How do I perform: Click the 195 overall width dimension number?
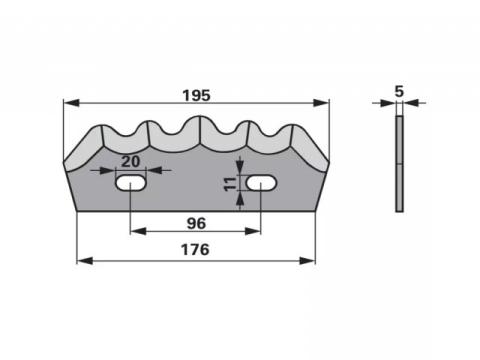click(197, 96)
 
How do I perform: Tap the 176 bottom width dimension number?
click(195, 250)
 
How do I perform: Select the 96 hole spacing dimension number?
click(196, 223)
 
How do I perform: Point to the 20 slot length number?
click(130, 162)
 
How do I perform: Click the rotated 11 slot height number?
click(230, 184)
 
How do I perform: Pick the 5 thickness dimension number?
click(399, 91)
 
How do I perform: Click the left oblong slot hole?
click(131, 183)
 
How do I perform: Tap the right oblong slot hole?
click(261, 183)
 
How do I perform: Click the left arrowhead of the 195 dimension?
click(71, 103)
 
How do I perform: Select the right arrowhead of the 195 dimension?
click(321, 103)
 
